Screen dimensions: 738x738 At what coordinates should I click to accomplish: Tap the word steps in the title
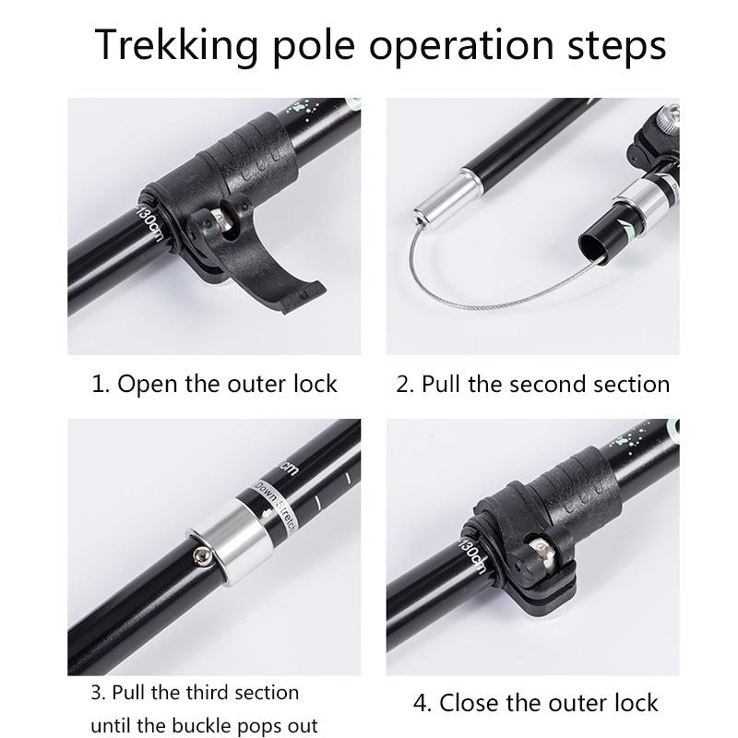615,45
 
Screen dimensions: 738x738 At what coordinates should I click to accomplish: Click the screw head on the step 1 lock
222,222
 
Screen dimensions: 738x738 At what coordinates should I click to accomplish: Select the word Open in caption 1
149,384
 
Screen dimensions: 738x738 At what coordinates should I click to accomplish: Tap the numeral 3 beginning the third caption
96,692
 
